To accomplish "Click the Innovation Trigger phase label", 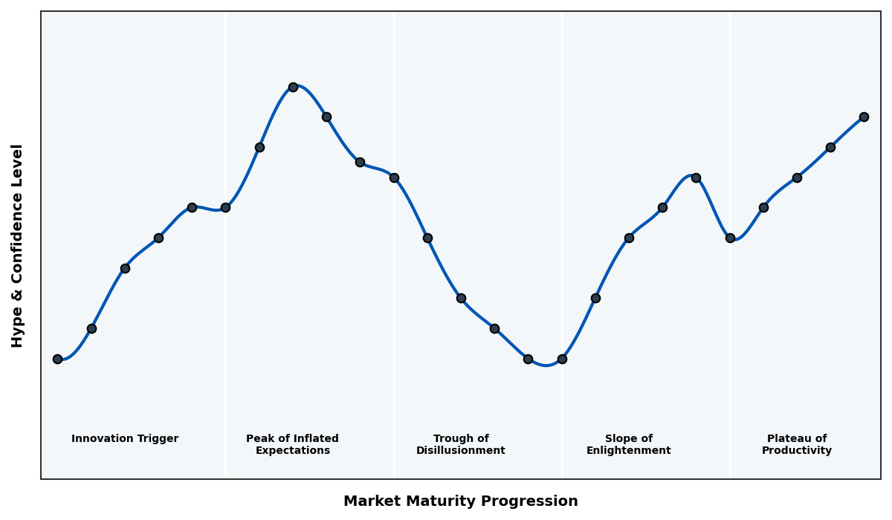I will tap(125, 439).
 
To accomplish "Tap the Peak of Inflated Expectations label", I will tap(292, 444).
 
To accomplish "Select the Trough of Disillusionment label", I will tap(461, 444).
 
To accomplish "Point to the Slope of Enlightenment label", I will tap(629, 444).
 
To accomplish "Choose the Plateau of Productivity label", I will tap(797, 444).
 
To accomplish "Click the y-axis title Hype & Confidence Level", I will tap(18, 245).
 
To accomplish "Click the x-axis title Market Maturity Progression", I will tap(461, 501).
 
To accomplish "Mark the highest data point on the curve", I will tap(293, 87).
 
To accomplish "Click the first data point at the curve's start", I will tap(57, 359).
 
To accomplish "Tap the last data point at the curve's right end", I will tap(864, 117).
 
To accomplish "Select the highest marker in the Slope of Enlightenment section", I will tap(696, 178).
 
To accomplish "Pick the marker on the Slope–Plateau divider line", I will tap(730, 238).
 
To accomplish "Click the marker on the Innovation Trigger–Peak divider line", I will tap(225, 207).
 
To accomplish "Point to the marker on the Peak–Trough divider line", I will tap(394, 178).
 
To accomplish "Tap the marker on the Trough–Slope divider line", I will tap(562, 359).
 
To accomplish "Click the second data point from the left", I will tap(91, 328).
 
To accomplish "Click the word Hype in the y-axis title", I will tap(18, 332).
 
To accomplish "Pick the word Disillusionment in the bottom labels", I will tap(461, 451).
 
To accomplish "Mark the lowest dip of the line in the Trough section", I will tap(546, 365).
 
